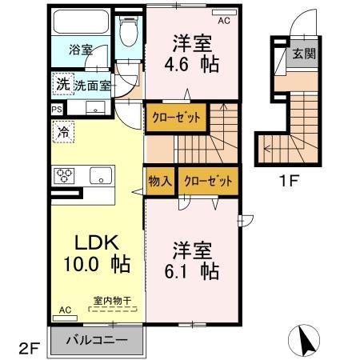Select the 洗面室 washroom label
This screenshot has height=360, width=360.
click(93, 85)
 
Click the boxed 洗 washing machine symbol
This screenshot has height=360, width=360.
click(62, 83)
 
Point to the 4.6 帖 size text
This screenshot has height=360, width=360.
click(193, 64)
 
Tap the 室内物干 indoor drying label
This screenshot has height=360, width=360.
click(112, 300)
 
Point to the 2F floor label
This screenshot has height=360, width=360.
click(28, 348)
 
